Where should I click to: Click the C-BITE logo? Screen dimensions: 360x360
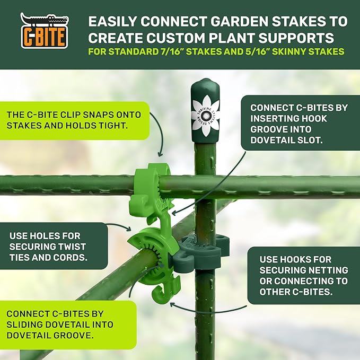coord(45,30)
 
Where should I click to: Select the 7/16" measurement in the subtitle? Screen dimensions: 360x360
coord(170,51)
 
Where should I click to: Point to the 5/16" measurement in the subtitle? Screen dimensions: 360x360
coord(255,51)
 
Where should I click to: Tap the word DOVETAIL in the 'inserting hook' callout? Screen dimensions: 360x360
coord(272,140)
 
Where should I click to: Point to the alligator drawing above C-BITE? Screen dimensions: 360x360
coord(45,19)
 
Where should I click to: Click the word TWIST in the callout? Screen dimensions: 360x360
coord(71,247)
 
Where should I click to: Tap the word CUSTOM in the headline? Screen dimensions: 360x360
coord(175,38)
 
